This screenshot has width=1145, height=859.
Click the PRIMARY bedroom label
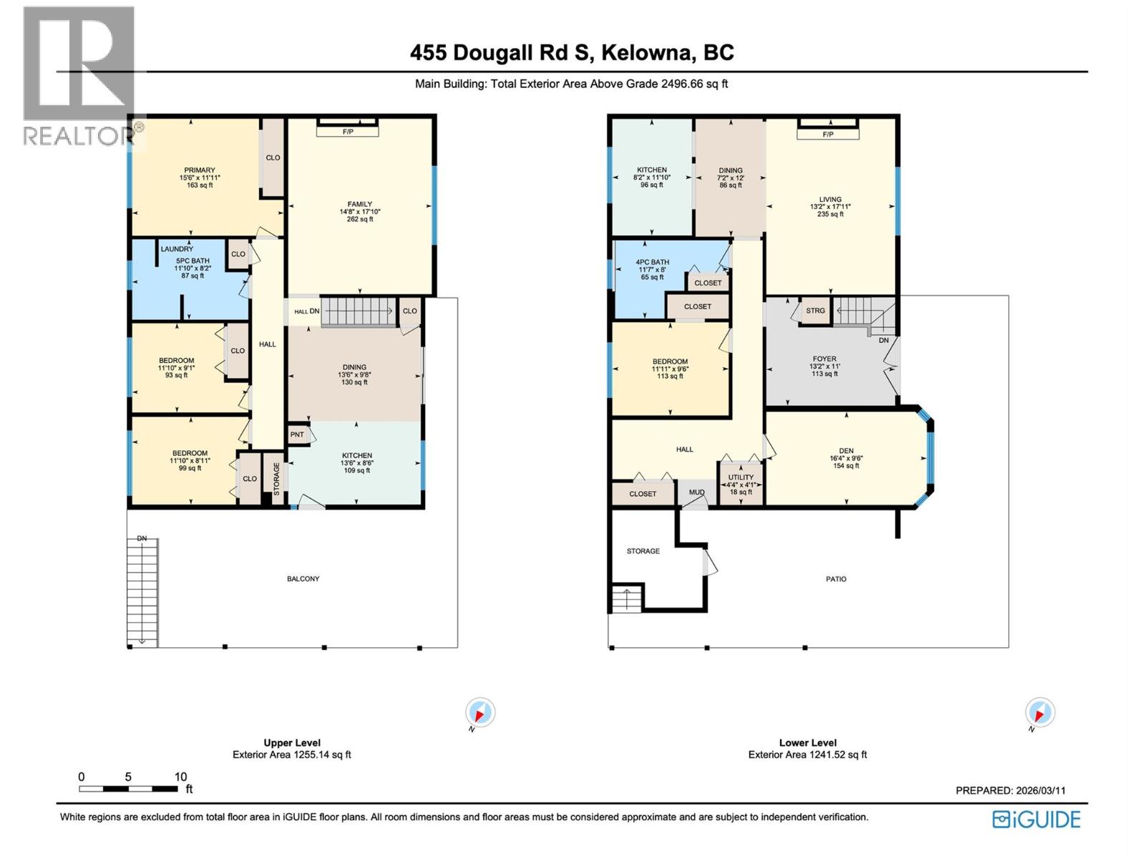click(x=199, y=170)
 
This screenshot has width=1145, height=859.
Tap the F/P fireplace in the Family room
click(x=348, y=132)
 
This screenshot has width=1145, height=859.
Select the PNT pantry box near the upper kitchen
click(x=297, y=435)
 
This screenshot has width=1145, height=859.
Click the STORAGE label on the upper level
click(x=276, y=478)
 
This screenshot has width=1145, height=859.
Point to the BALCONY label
click(x=303, y=578)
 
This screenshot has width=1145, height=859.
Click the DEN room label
click(x=846, y=451)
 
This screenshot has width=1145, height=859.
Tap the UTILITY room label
click(x=741, y=477)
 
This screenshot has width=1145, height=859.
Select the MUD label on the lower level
click(x=696, y=492)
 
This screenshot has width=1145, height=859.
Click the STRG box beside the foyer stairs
click(x=815, y=311)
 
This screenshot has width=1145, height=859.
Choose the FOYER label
click(x=824, y=359)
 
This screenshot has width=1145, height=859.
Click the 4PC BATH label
click(x=652, y=262)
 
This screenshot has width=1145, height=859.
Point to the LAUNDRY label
click(x=177, y=249)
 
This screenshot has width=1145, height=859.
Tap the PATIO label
click(x=836, y=579)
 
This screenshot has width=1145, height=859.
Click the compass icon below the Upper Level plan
click(x=479, y=713)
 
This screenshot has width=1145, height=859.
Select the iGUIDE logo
click(x=1036, y=819)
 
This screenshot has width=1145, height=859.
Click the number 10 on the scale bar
click(x=180, y=777)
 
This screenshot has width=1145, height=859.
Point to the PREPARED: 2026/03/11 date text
click(x=1010, y=790)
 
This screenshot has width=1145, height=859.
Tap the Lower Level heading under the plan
click(x=807, y=743)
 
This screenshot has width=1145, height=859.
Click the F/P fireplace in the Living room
click(x=828, y=135)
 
